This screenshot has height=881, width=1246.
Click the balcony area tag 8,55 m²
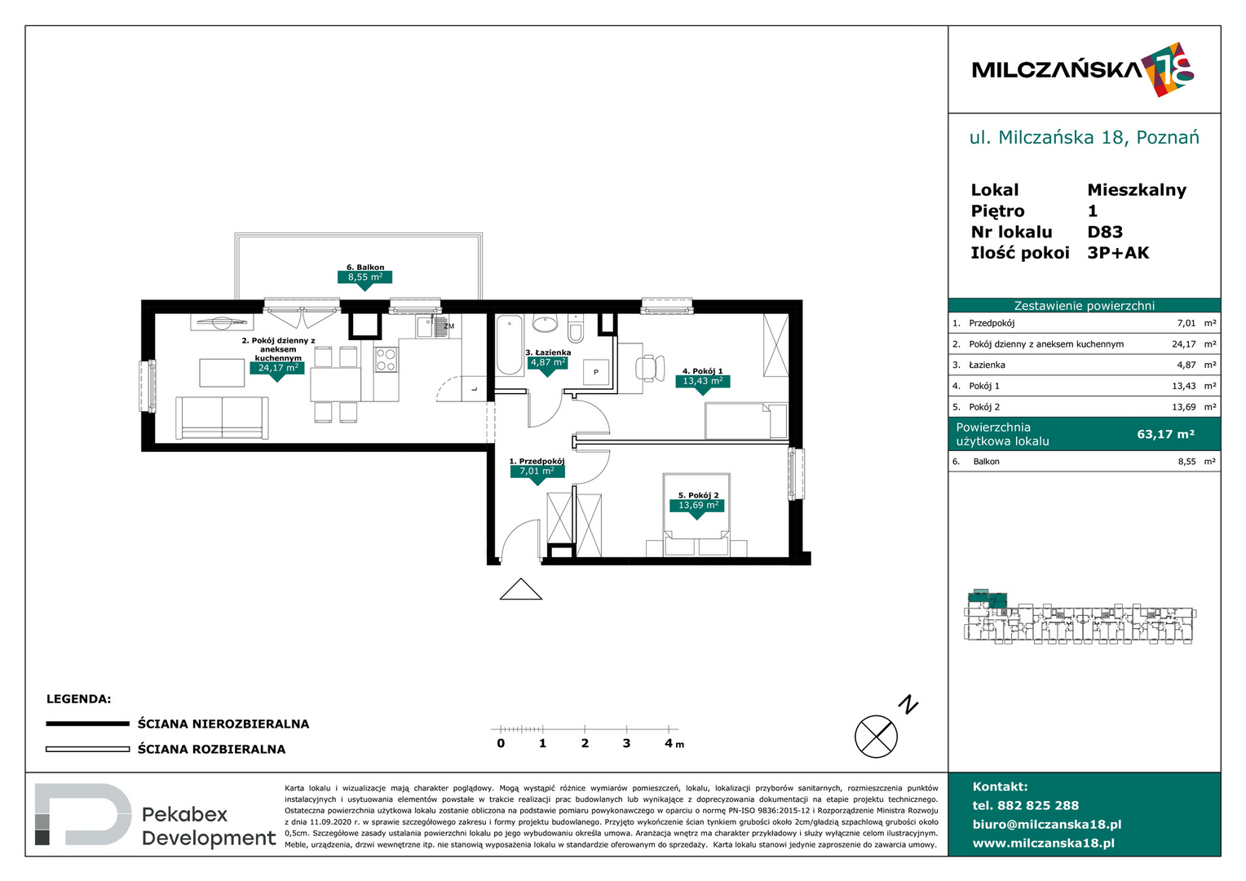tap(365, 277)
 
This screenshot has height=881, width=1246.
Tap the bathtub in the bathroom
tap(509, 345)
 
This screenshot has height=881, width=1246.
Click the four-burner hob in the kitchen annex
tap(386, 359)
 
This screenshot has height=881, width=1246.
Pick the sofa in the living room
tap(222, 418)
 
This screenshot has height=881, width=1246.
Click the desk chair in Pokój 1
tap(649, 368)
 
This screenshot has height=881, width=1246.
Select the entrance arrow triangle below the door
tap(520, 590)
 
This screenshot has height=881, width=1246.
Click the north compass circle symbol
tap(876, 737)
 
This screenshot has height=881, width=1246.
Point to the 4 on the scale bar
tap(669, 743)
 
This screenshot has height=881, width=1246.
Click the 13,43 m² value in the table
tap(1184, 386)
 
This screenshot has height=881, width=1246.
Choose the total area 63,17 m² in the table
tap(1165, 434)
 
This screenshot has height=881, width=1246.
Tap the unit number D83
tap(1105, 232)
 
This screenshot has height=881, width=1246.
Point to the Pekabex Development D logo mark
tap(82, 814)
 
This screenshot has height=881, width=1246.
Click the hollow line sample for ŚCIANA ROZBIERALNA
tap(87, 749)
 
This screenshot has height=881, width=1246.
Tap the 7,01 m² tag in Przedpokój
tap(537, 471)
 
